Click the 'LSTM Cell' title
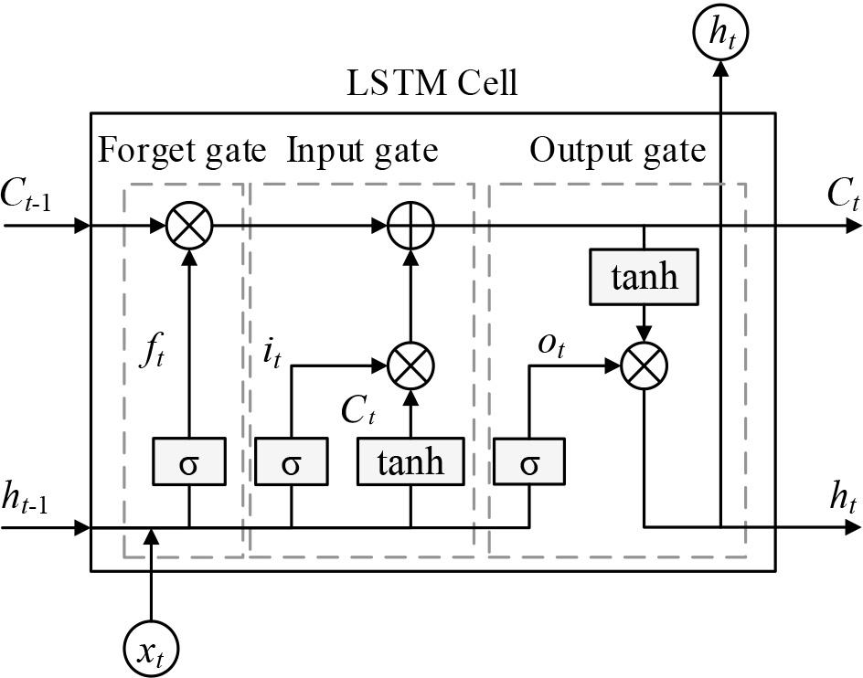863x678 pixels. point(432,83)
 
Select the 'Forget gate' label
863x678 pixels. point(182,149)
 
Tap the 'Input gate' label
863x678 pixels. point(362,149)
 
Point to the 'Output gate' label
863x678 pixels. point(618,149)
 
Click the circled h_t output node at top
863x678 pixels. point(720,33)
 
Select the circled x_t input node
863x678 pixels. point(150,652)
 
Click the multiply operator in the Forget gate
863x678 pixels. point(189,224)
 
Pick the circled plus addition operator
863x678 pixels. point(410,224)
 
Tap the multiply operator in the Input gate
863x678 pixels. point(410,366)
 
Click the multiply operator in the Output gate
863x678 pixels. point(645,366)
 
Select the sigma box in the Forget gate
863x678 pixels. point(188,461)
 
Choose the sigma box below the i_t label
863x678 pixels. point(291,461)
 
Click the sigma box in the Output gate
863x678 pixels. point(528,461)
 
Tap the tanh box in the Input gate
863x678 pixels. point(410,461)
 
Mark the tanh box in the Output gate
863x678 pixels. point(645,275)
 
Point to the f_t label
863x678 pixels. point(150,353)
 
